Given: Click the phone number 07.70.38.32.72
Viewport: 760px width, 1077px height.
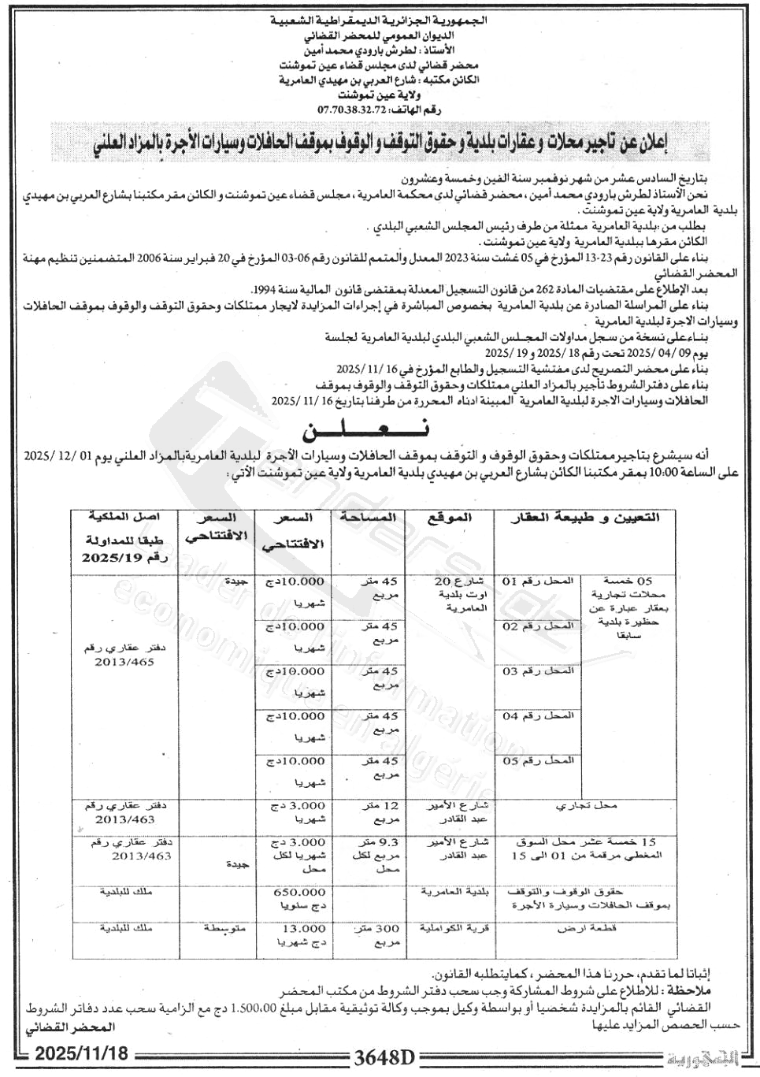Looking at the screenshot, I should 353,110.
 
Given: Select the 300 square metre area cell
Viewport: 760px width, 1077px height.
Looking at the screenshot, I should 376,935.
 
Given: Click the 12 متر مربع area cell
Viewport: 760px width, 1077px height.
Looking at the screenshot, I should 376,812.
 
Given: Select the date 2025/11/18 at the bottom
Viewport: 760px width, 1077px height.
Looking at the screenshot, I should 80,1054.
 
